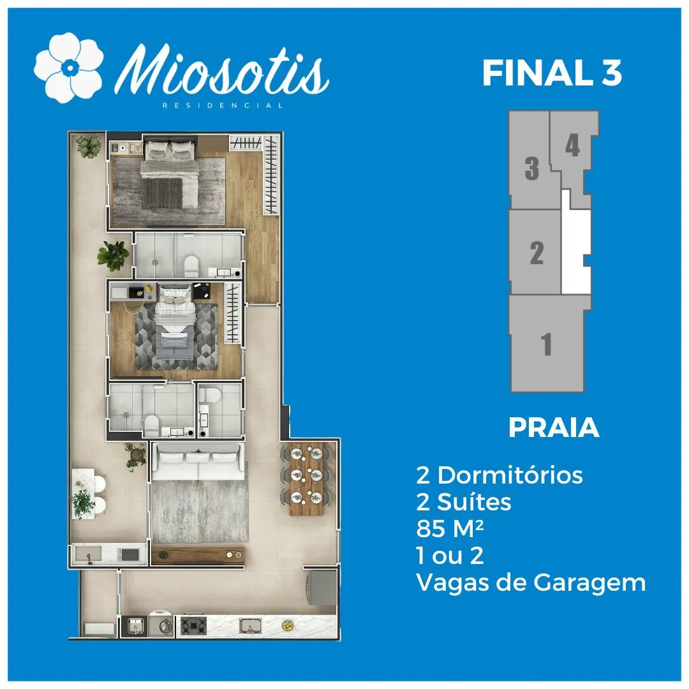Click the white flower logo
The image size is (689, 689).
pos(69,68)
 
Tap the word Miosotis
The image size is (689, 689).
pos(223,70)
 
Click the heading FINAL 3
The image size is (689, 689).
pos(552,73)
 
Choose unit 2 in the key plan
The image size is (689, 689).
pos(535,252)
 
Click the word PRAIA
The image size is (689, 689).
pos(554,427)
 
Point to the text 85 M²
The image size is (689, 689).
pos(450,529)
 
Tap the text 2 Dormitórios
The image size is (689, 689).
pos(500,475)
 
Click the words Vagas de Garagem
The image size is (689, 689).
pos(531,583)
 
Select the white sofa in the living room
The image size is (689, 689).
pos(198,461)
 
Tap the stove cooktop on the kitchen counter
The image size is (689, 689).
pos(193,625)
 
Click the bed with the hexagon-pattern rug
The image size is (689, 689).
pos(175,322)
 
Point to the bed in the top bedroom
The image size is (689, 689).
pos(169,173)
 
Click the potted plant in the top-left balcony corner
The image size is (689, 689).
pos(89,146)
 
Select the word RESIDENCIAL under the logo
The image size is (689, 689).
pos(223,105)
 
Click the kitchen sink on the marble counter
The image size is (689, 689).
pos(251,625)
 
